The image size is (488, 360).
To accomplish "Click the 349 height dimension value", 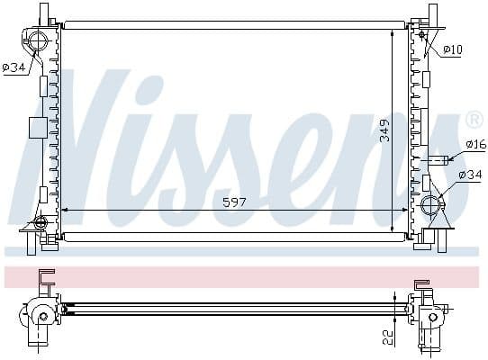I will coord(384,130).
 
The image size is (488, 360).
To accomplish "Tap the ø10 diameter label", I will coord(453,49).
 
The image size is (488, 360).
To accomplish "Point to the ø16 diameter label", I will coord(475,144).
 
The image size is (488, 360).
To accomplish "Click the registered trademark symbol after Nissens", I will coord(474,120).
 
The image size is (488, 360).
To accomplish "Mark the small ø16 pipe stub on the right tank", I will coord(437,161).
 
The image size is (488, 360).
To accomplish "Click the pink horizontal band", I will coord(243,276).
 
